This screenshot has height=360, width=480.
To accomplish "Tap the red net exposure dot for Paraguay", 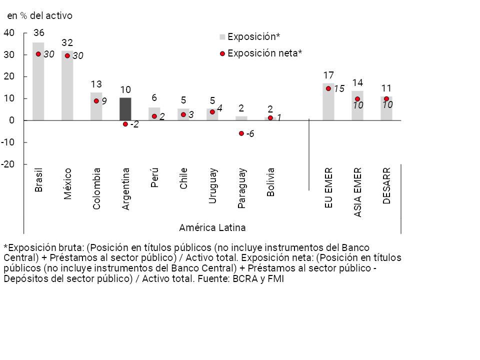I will (x=241, y=133).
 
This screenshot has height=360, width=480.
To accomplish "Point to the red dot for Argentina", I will (x=125, y=124).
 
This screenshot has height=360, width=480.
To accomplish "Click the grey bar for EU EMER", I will (x=328, y=102).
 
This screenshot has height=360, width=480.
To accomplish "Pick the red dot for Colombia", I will (x=96, y=101).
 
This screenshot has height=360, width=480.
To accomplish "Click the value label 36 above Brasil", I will (x=38, y=33).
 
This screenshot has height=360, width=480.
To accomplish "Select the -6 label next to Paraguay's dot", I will (x=250, y=134).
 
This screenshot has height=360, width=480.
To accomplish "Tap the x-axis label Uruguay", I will (x=213, y=185).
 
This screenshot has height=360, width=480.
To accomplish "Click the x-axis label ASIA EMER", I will (x=358, y=192).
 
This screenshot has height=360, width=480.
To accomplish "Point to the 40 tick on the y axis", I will (x=9, y=33).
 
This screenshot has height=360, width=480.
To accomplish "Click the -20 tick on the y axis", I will (x=8, y=164).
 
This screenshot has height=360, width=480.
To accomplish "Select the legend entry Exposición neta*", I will (x=264, y=52).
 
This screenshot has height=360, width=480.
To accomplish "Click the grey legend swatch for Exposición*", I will (x=223, y=37).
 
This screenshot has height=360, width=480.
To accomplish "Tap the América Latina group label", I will (x=212, y=228).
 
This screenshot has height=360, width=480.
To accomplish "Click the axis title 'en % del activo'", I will (x=39, y=16).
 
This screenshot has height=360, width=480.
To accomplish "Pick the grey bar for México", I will (x=67, y=85).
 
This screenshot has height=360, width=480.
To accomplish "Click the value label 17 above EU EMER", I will (x=328, y=75).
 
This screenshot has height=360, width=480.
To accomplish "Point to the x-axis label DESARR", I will (x=386, y=185).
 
